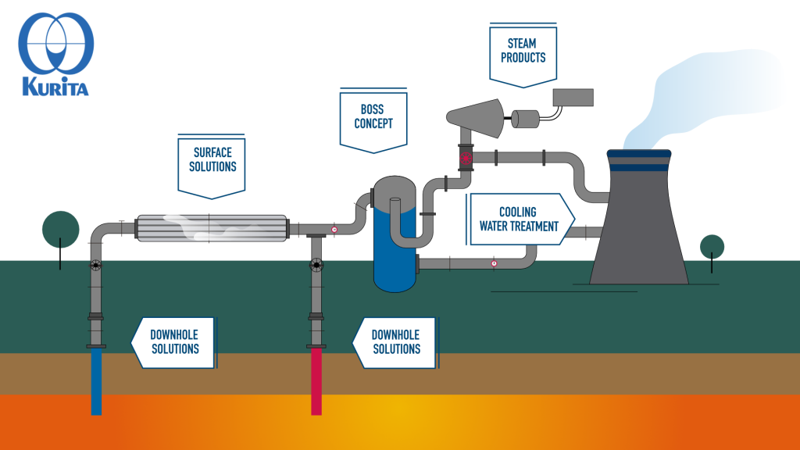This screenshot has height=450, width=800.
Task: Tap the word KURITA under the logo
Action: point(55,86)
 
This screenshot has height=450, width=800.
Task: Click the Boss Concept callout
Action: point(373,117)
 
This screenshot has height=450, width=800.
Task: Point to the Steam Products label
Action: point(523,51)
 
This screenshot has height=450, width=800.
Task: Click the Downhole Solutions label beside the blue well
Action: point(174,341)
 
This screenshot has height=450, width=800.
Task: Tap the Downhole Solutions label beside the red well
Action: point(395,341)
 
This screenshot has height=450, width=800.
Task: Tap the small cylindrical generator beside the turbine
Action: point(525,119)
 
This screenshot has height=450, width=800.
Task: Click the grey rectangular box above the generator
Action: point(573,97)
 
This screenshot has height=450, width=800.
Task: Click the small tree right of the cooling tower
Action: point(712,247)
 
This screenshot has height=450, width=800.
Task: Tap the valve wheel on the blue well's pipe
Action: point(95,266)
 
